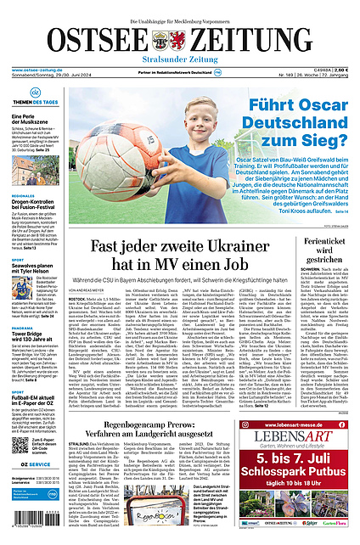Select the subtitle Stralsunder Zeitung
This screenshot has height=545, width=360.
[180, 60]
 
